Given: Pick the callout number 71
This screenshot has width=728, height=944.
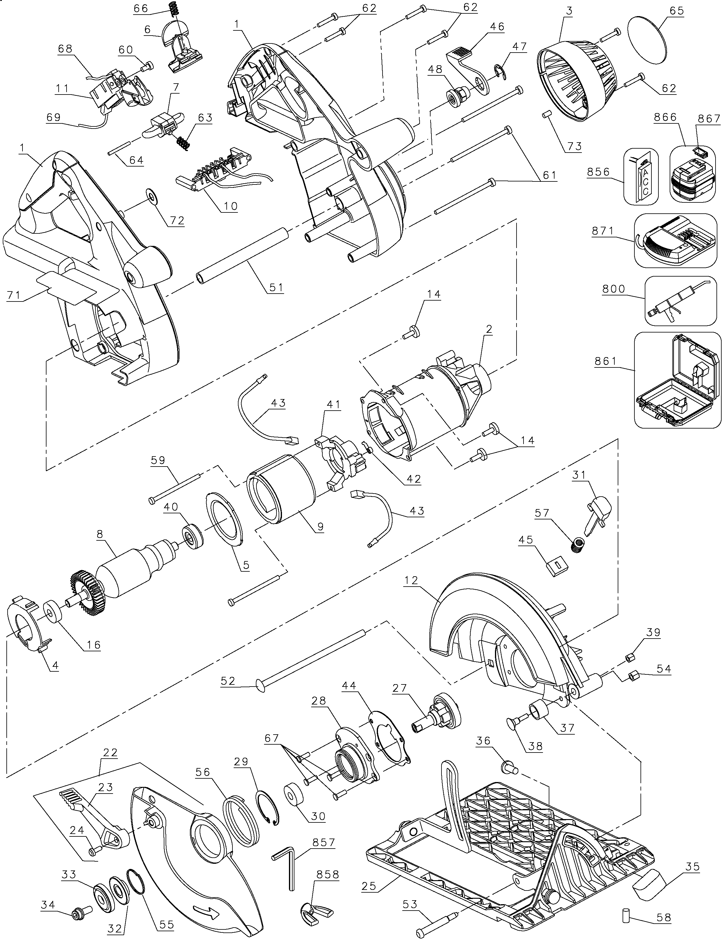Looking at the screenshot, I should (x=14, y=295).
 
